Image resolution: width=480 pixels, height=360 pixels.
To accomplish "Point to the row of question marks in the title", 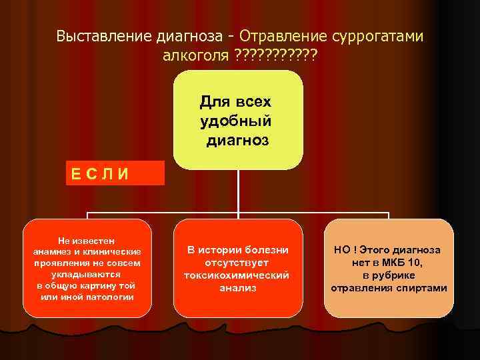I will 277,55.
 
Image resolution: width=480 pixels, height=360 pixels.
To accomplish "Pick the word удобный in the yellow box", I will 236,121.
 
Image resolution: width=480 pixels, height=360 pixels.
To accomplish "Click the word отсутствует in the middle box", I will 236,263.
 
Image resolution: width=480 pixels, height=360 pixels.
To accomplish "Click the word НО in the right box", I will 342,250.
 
